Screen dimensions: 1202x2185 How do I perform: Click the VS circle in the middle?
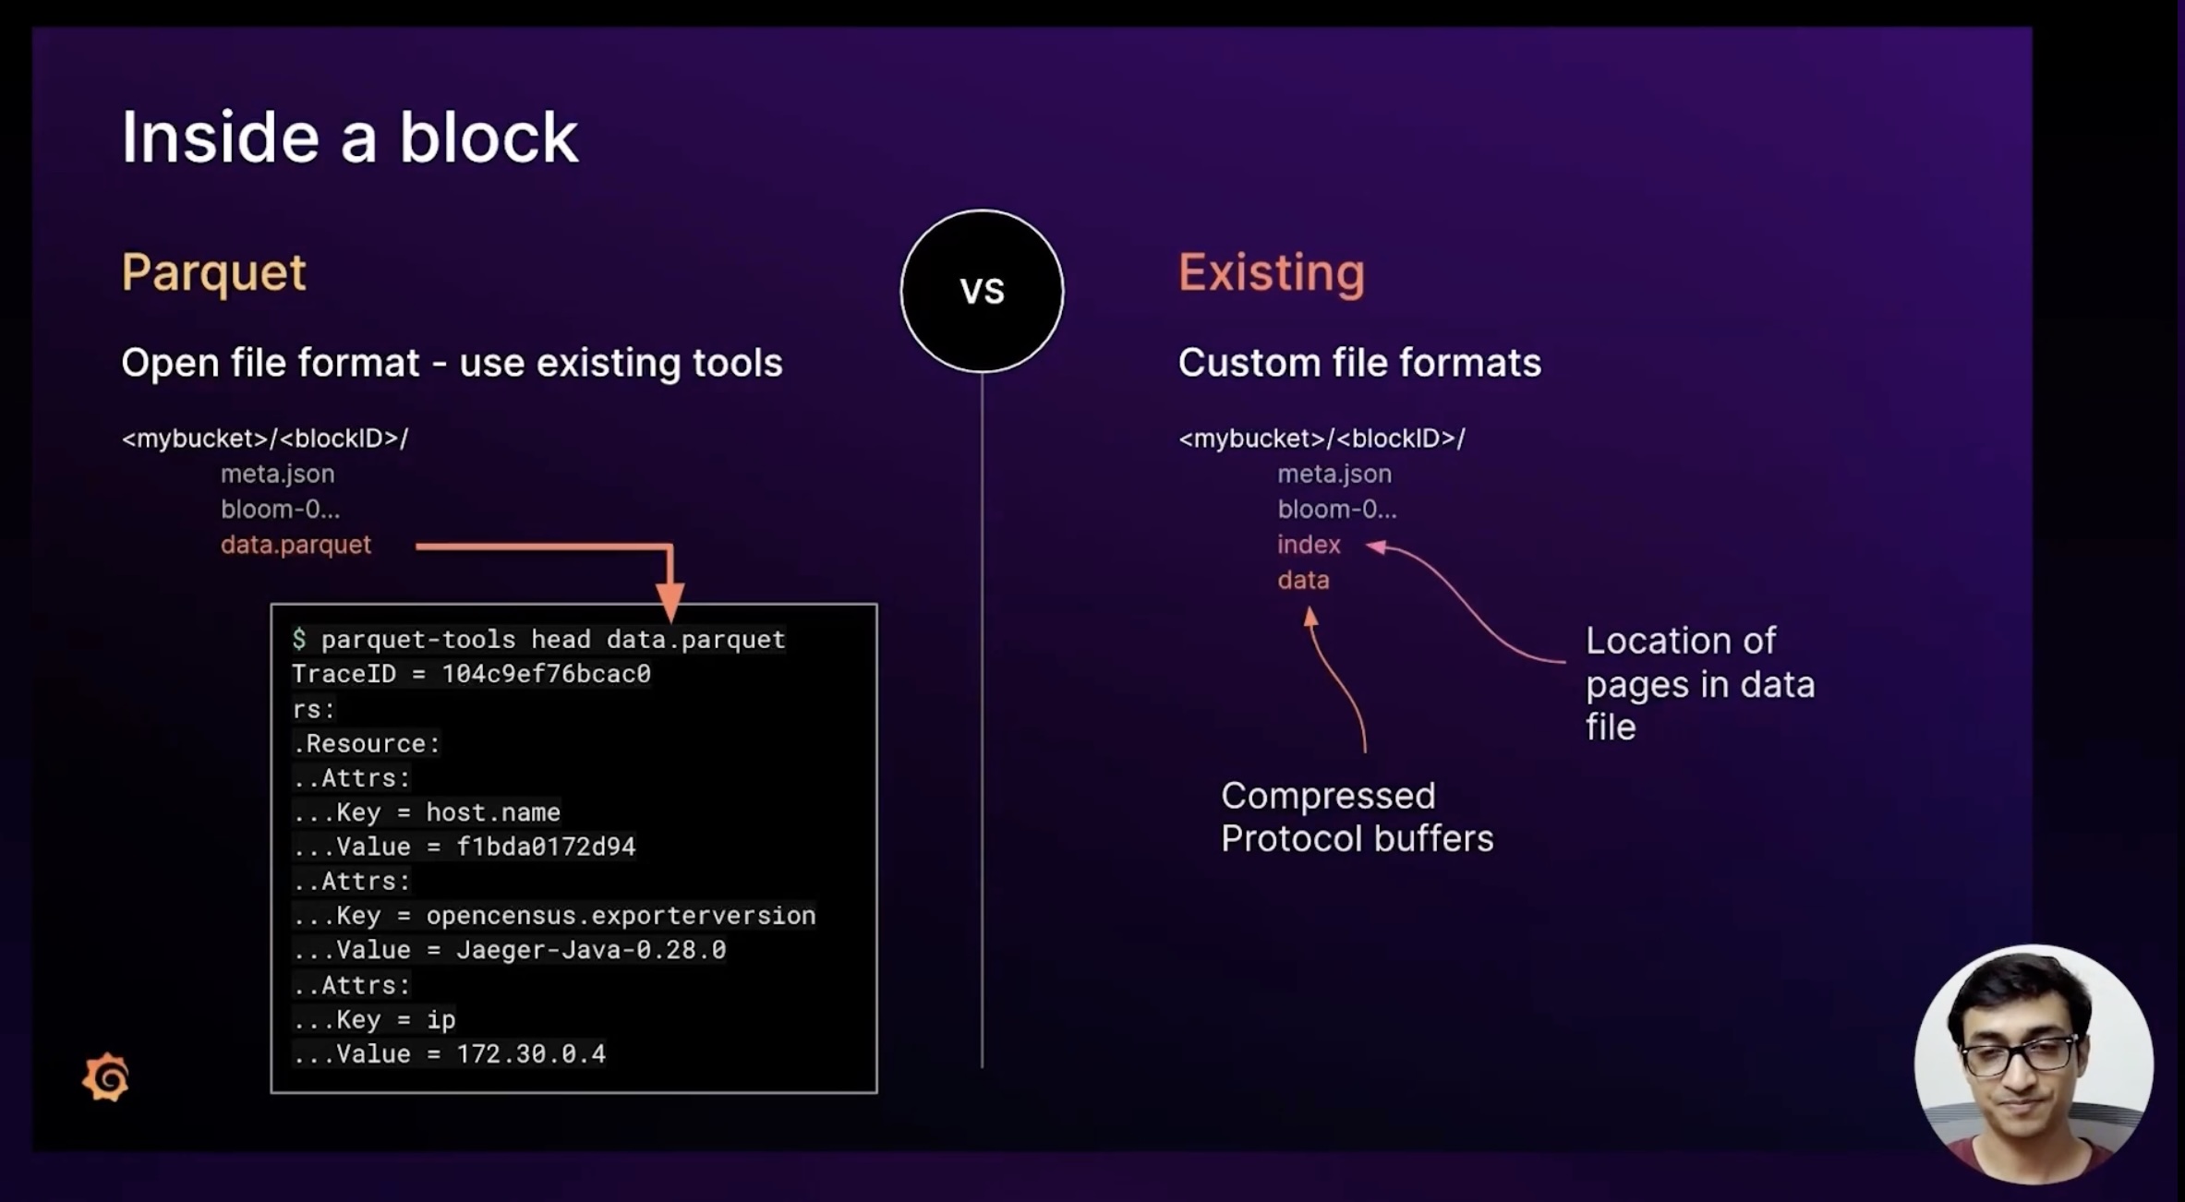pos(982,291)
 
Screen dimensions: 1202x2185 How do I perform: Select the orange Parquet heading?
pos(213,273)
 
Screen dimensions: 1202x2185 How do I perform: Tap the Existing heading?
pos(1271,273)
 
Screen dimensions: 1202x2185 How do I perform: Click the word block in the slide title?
pos(488,138)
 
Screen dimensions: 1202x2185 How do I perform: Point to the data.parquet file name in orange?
pos(296,545)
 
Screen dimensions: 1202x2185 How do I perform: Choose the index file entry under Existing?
pos(1309,545)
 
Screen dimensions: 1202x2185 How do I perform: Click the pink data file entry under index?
pos(1303,580)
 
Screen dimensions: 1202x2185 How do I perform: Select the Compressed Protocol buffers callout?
pos(1356,817)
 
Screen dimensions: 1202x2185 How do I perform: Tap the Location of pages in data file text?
pos(1699,684)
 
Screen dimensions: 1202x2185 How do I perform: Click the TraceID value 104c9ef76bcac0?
pos(546,674)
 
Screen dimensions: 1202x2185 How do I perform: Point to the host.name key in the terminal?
pos(492,812)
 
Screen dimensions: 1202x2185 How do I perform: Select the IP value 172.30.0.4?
pos(531,1053)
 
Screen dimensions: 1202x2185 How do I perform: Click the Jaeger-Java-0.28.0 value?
pos(591,950)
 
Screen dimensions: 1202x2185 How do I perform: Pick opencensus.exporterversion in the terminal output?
pos(621,916)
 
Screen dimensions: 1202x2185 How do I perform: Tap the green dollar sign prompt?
pos(299,639)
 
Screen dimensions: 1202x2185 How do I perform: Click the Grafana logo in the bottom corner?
pos(106,1077)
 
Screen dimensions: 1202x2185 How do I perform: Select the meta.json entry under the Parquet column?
pos(277,474)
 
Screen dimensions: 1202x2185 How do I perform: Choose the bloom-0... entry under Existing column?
pos(1336,509)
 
